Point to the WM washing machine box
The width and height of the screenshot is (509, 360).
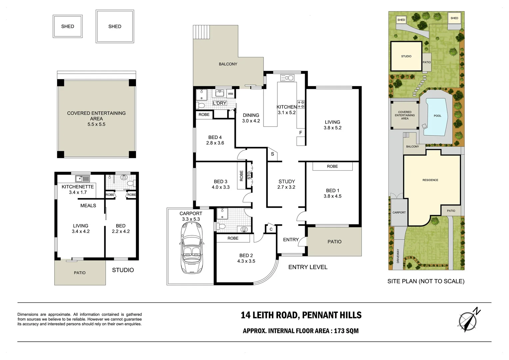231,94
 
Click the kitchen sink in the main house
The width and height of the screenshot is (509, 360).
287,78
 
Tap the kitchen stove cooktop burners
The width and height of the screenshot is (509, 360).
301,104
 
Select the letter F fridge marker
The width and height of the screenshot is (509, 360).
300,133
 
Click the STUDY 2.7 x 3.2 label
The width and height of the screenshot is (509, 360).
286,184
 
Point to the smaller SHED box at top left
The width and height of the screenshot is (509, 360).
68,26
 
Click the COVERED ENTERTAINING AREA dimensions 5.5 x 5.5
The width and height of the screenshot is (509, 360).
96,124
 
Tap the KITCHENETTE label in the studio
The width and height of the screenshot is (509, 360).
78,187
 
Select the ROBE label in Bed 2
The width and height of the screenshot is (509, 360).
233,238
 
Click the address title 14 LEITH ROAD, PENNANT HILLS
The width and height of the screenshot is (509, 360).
301,315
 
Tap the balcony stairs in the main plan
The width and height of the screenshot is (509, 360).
202,32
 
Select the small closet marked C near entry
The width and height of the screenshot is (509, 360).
271,229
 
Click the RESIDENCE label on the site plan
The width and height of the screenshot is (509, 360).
430,180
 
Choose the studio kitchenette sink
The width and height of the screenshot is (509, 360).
82,178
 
